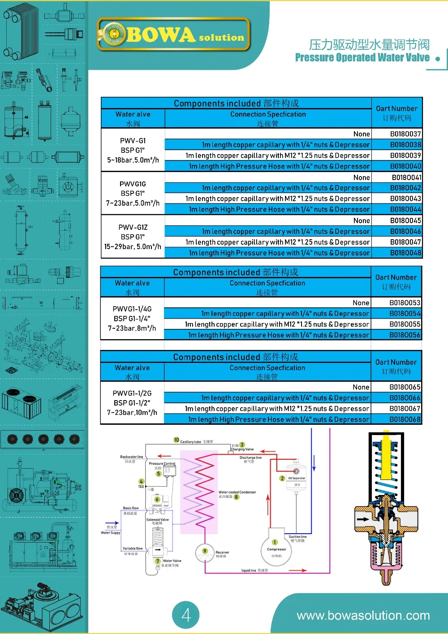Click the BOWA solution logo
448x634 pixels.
(x=173, y=35)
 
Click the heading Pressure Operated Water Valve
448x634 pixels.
(x=362, y=58)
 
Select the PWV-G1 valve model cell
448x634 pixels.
(x=133, y=150)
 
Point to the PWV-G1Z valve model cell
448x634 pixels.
(x=133, y=237)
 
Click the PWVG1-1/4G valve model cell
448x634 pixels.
(x=132, y=319)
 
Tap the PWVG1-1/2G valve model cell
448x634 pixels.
(x=132, y=403)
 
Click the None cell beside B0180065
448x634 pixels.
(x=361, y=387)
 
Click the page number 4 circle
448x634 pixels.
(x=186, y=615)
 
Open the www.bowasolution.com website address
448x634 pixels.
(x=363, y=616)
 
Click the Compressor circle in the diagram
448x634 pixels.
(x=277, y=547)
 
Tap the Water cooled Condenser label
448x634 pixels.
(x=237, y=492)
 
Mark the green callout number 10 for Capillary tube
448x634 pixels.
(x=177, y=440)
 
